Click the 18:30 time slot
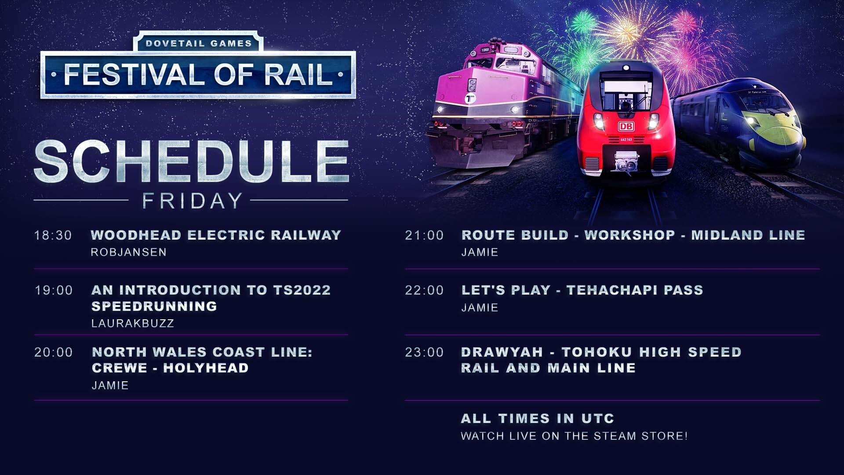click(x=53, y=235)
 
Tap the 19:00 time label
click(x=54, y=290)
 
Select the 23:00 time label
click(x=424, y=352)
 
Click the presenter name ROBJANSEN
click(x=128, y=252)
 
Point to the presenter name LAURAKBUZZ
click(x=133, y=324)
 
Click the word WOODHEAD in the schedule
click(x=136, y=235)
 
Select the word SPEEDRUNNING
click(x=154, y=306)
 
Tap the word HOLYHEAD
click(x=206, y=368)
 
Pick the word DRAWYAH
click(x=502, y=352)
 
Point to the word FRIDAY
click(x=192, y=201)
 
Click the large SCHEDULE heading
click(x=192, y=161)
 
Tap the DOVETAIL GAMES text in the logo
click(x=199, y=44)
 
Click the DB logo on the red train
click(x=626, y=127)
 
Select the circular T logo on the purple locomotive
click(x=471, y=98)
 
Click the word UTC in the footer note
click(x=598, y=418)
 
